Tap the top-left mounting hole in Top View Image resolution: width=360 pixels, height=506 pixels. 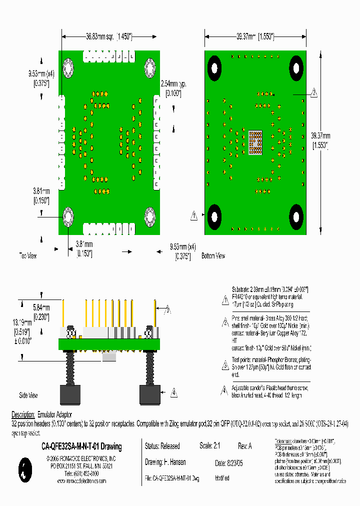point(68,67)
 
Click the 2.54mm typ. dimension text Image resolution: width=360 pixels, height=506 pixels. point(170,87)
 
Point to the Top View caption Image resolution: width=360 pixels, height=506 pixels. point(28,255)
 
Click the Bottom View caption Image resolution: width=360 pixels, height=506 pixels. point(213,256)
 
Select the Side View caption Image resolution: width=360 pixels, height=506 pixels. point(28,395)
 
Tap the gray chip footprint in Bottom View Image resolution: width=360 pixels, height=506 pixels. point(255,142)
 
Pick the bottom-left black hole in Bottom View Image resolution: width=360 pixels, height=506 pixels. point(215,217)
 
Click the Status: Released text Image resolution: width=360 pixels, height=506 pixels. point(161,446)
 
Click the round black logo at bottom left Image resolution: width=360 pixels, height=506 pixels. point(24,469)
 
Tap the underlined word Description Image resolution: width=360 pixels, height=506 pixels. point(23,415)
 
